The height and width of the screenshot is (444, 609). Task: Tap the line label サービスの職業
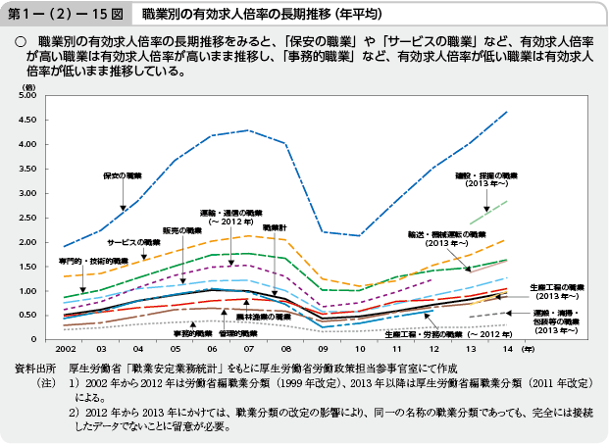(x=140, y=241)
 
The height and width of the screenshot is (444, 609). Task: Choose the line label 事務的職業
(x=192, y=333)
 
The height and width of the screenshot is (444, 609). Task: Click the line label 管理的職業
(x=237, y=333)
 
